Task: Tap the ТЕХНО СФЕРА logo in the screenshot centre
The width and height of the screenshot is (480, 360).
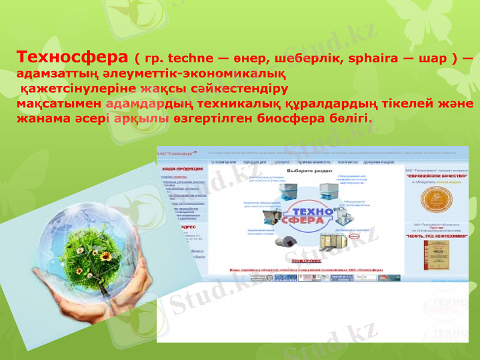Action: (310, 215)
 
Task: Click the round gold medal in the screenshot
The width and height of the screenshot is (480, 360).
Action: (436, 202)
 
